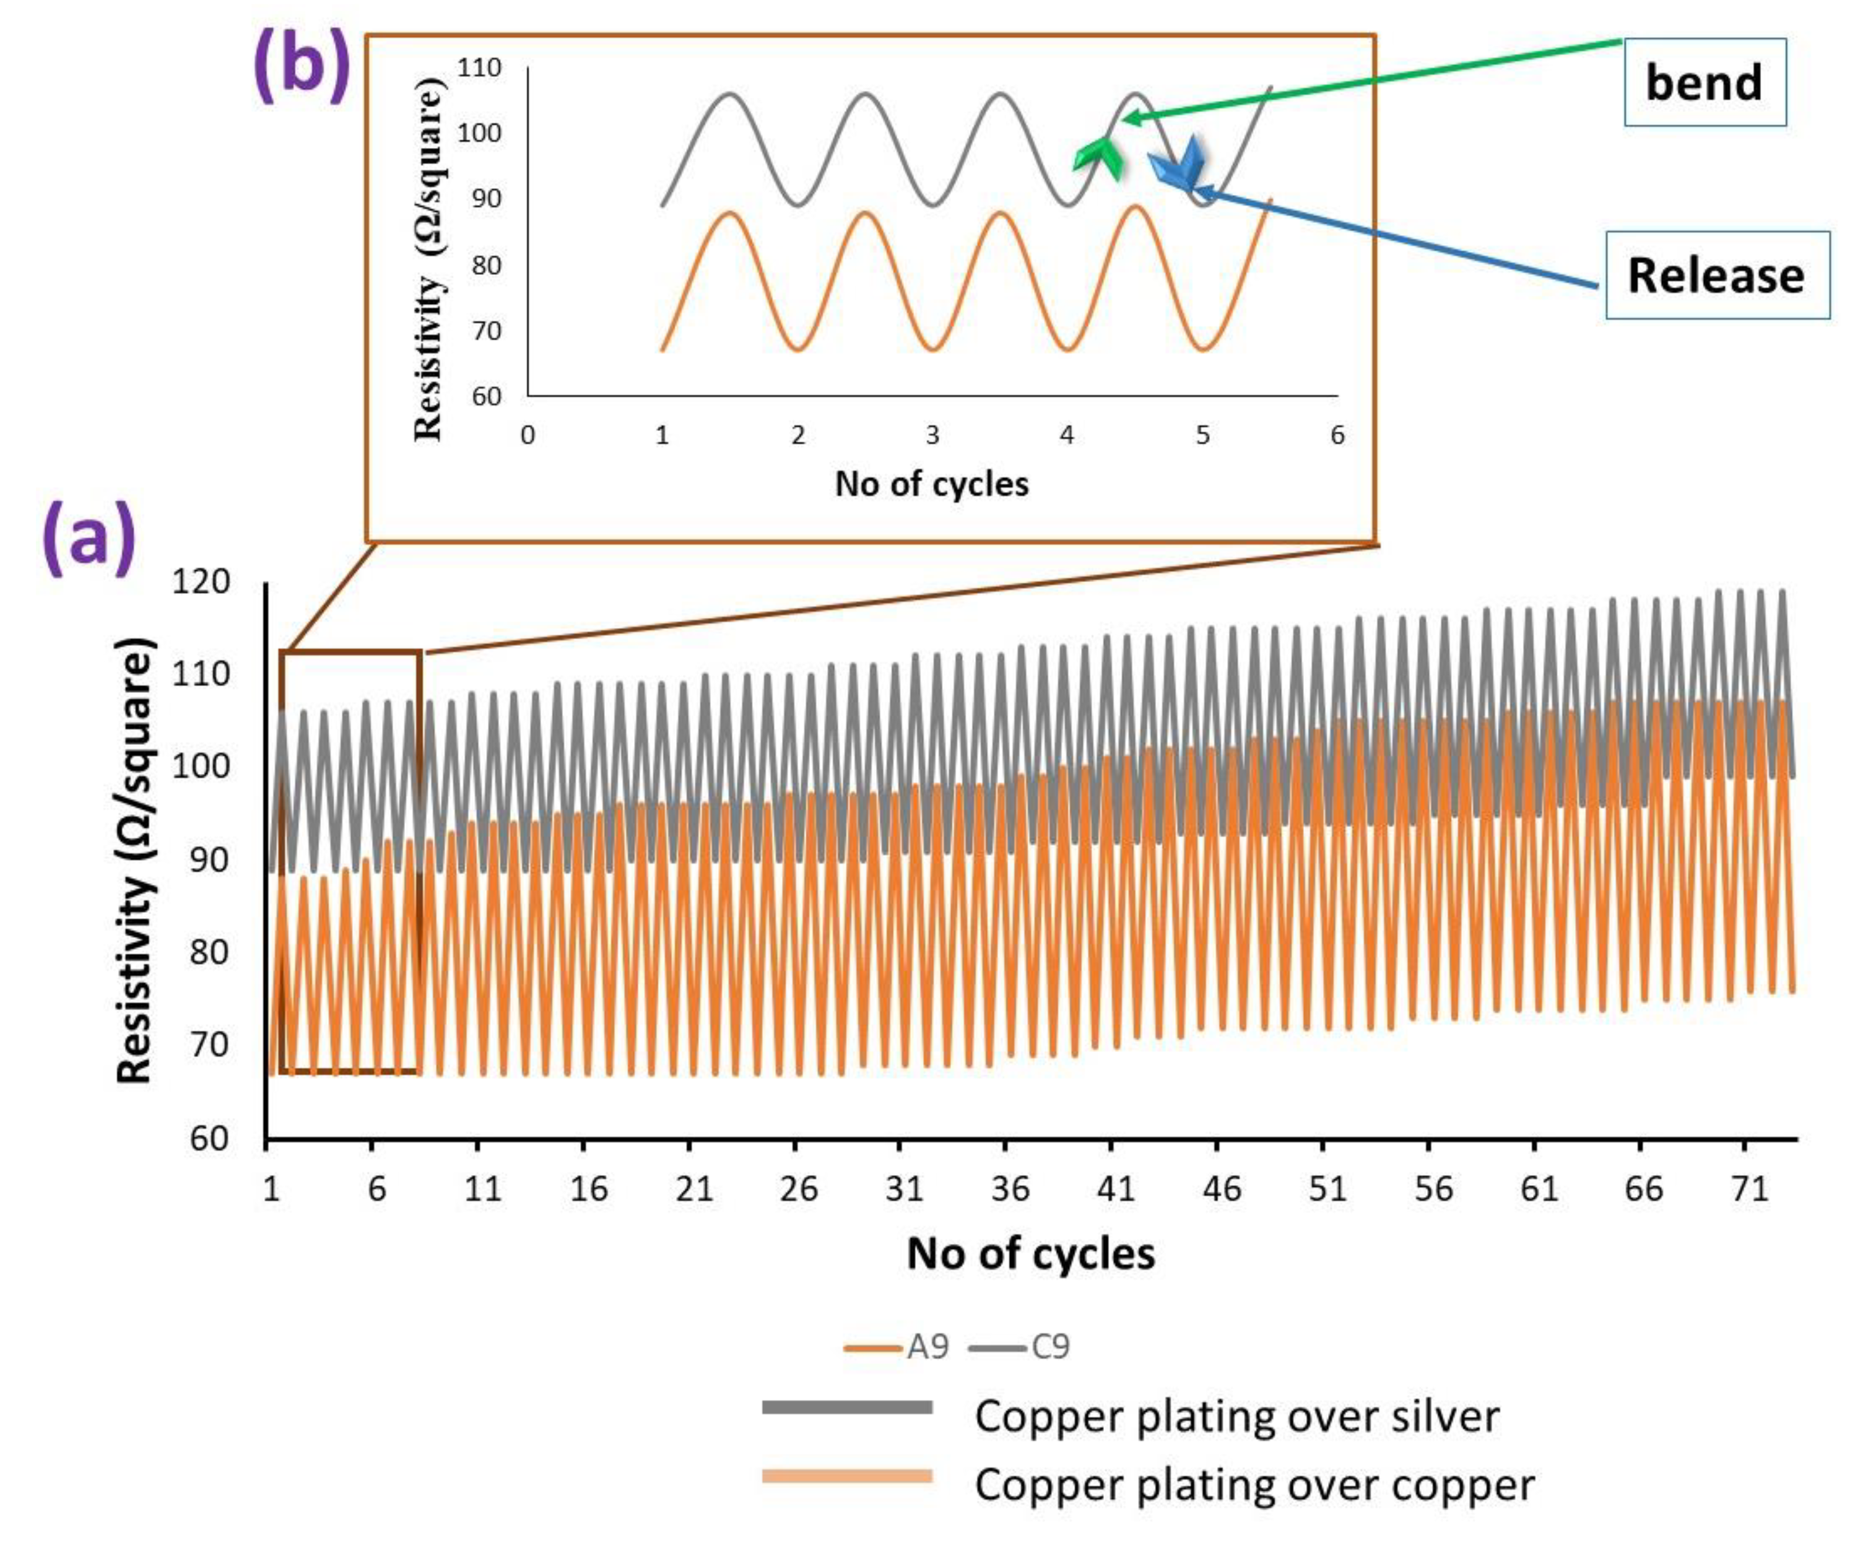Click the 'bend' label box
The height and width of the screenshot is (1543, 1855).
(x=1704, y=82)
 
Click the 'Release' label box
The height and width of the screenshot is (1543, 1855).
(x=1716, y=275)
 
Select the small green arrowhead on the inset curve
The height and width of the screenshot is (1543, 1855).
(x=1098, y=160)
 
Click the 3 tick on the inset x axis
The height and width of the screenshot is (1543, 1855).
(x=932, y=435)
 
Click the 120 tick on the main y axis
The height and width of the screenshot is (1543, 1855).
(x=201, y=582)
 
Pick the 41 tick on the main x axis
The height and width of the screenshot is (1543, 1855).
(x=1114, y=1189)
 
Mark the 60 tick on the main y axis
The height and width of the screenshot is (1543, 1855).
(x=209, y=1139)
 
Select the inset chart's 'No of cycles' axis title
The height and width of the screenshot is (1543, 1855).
(x=932, y=484)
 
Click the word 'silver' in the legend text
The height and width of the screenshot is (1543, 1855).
(x=1445, y=1416)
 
